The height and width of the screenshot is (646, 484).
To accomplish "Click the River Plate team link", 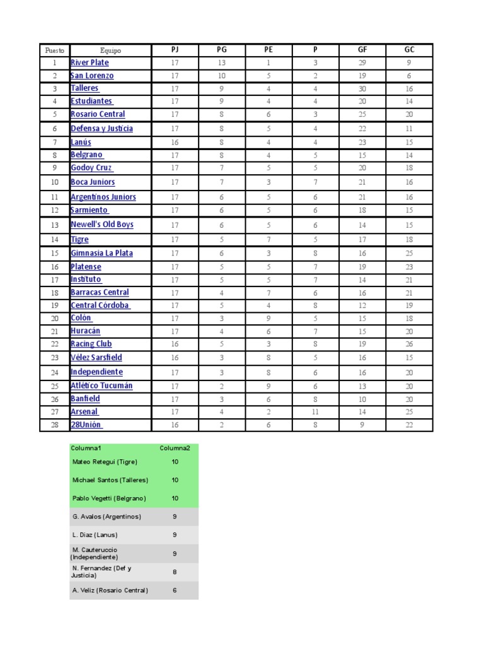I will coord(89,62).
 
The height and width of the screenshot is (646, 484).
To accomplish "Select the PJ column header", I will coord(175,50).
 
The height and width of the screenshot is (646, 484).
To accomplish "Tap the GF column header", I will coord(362,50).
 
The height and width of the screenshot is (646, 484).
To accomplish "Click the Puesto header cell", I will coord(54,50).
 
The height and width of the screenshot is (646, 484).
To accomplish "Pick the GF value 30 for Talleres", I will coord(362,89).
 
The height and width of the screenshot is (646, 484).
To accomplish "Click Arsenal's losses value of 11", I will coord(315,412).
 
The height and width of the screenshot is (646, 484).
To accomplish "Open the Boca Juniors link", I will coord(93,182).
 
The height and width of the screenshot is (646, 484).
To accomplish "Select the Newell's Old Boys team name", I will coord(102,225).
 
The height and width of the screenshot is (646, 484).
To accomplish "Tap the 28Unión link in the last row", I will coord(86,425).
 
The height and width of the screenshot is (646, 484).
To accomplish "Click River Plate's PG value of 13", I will coord(221,62).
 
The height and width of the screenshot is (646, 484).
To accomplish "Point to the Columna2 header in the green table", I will coord(175,448).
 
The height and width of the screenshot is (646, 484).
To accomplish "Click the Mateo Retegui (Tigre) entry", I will coord(105,462).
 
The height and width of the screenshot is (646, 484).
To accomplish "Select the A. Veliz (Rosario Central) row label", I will coord(110,590).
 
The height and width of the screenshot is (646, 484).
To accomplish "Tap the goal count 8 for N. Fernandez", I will coord(175,572).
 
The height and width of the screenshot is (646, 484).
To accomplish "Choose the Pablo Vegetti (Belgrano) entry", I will coord(109,498).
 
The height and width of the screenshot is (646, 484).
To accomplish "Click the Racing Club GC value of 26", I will coord(409,344).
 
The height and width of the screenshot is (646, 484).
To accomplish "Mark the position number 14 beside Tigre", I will coord(54,240).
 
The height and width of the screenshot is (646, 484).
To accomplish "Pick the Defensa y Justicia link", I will coord(101,129).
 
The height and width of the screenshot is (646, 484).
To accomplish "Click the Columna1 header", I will coord(86,448).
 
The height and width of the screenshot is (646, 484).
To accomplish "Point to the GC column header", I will coord(409,50).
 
